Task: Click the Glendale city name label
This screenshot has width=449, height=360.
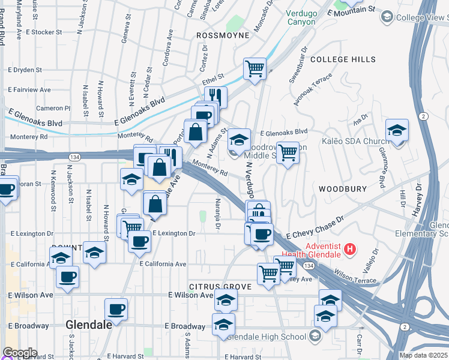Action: [x=89, y=325]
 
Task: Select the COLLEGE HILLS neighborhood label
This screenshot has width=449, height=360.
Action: [x=343, y=59]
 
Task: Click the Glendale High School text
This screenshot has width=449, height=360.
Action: [x=269, y=336]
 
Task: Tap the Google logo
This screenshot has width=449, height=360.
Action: [x=19, y=353]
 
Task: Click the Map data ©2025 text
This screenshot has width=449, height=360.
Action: [x=423, y=355]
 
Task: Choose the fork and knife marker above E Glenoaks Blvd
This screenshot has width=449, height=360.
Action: [x=215, y=97]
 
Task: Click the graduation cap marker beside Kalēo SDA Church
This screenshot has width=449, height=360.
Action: [x=397, y=130]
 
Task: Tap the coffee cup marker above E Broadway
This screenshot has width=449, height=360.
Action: [x=116, y=309]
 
